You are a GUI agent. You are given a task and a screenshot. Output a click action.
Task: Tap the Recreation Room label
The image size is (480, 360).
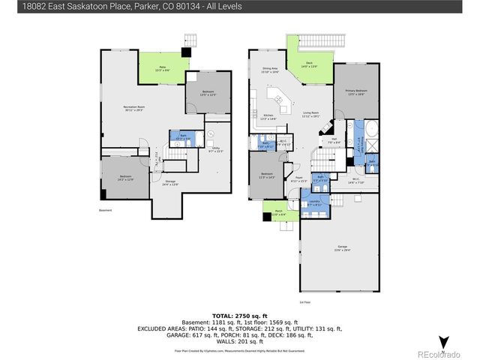click(x=134, y=109)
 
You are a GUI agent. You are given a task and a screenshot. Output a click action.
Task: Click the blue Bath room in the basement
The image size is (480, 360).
click(x=179, y=138)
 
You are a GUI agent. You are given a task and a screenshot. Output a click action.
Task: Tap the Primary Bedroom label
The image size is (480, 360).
click(x=355, y=92)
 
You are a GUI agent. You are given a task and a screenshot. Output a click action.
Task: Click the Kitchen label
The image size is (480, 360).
click(x=268, y=116)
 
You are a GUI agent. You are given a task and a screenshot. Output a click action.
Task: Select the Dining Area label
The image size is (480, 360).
click(x=270, y=70)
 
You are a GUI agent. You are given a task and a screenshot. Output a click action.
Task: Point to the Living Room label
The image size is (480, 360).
click(x=310, y=115)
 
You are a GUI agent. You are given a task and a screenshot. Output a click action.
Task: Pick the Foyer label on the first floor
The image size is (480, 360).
click(x=298, y=179)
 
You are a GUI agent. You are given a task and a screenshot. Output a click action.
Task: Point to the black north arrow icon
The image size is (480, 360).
click(x=443, y=341)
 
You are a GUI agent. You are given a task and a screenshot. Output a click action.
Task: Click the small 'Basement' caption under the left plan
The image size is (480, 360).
click(x=105, y=210)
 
